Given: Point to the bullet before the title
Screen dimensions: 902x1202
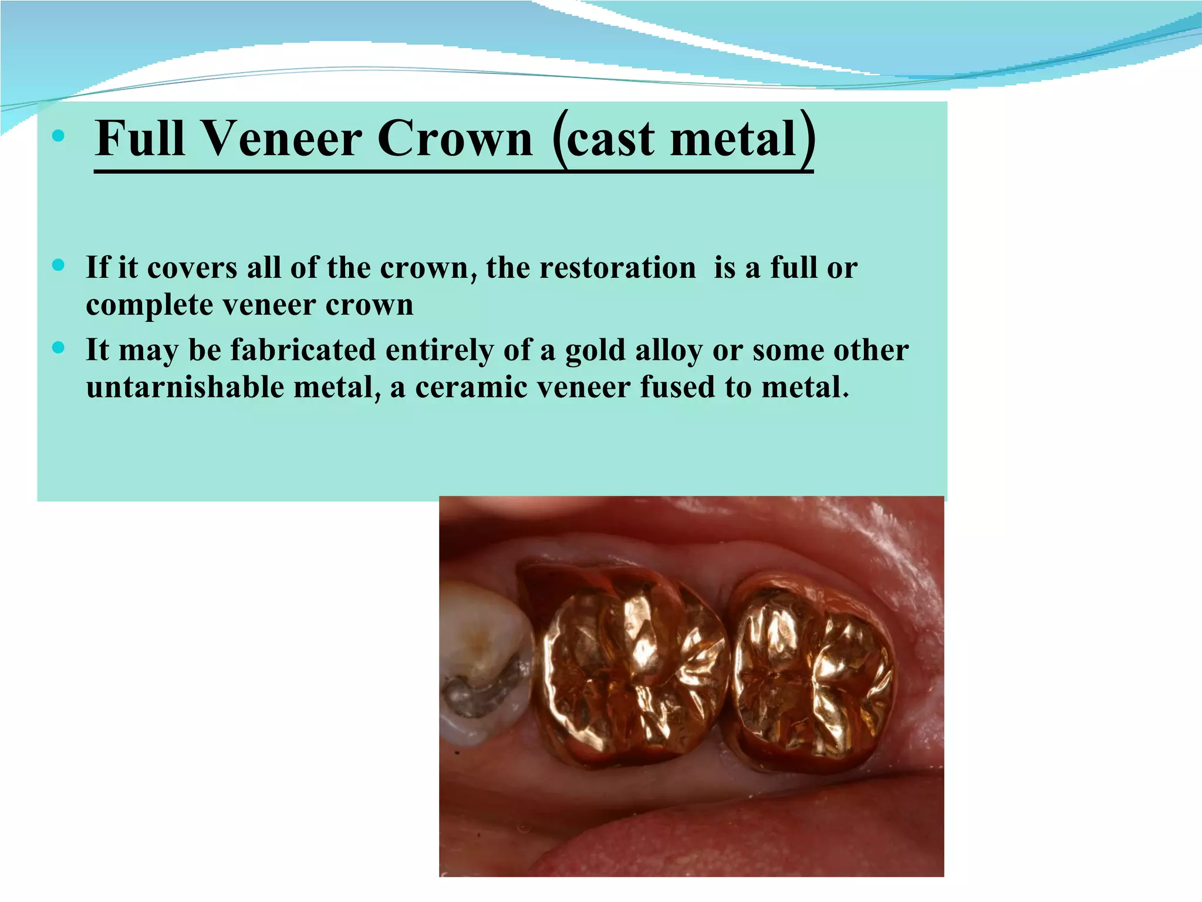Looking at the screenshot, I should click(58, 136).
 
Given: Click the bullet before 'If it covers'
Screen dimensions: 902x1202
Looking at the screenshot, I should click(58, 265).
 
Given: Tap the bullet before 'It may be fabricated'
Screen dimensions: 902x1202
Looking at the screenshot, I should click(58, 348).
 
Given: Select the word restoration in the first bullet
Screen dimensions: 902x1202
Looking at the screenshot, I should click(617, 268).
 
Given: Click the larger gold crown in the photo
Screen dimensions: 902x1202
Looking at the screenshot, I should click(631, 667).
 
